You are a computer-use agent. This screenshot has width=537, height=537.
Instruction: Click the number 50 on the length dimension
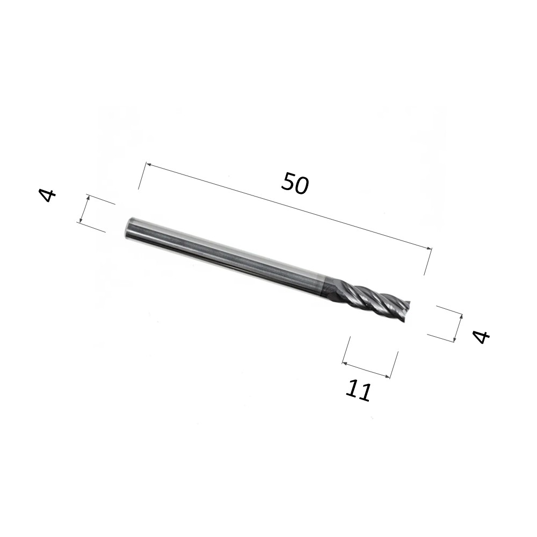point(295,184)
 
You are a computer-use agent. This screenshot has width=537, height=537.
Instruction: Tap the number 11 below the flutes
point(358,391)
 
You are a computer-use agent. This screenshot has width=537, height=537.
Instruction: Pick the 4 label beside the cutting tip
point(481,337)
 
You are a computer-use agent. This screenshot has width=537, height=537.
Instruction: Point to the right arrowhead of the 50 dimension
point(429,248)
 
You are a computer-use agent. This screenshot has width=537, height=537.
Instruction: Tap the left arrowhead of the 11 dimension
point(345,362)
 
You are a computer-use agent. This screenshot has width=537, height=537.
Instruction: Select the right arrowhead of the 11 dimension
point(387,376)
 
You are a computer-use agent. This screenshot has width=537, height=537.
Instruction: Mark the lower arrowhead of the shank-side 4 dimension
point(81,220)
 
